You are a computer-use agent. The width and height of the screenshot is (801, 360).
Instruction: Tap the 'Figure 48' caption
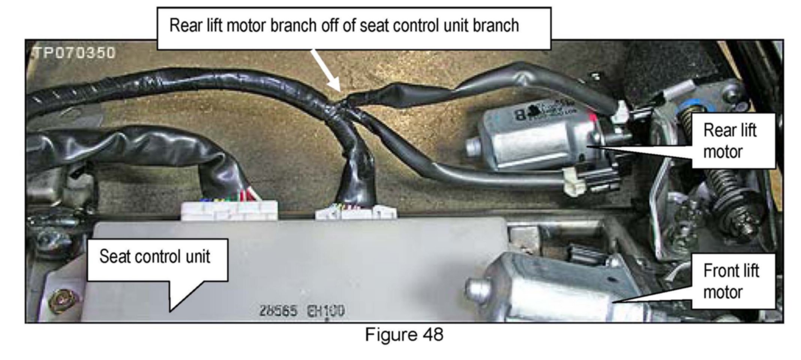(x=404, y=335)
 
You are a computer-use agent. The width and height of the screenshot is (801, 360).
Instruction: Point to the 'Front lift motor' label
(x=731, y=281)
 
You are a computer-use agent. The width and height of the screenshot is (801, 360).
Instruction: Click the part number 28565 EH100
(x=301, y=311)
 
